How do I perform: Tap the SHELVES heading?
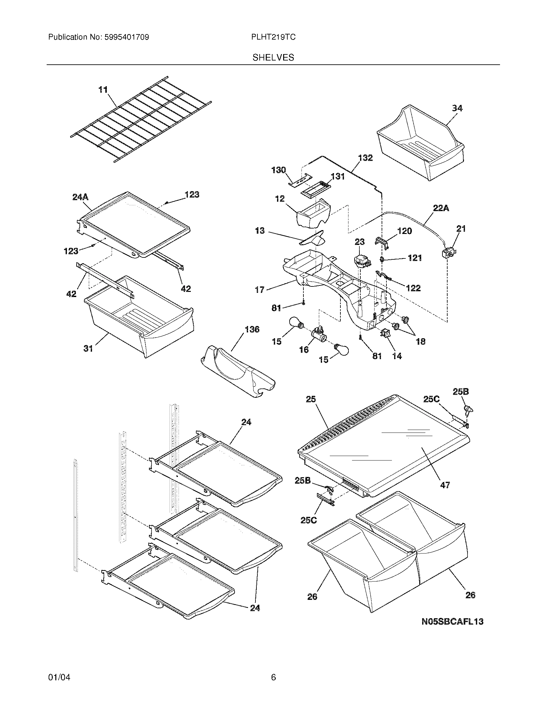point(273,58)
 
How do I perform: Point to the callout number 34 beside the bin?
point(457,108)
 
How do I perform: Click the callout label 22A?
point(441,208)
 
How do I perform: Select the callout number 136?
point(252,329)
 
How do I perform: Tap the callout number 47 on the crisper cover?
point(445,494)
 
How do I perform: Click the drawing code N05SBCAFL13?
point(452,621)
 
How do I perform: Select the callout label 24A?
point(80,197)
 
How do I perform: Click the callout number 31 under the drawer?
point(88,349)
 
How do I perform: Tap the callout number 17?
point(260,290)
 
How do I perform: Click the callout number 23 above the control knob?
point(359,242)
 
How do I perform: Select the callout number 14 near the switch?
point(397,356)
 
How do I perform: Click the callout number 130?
point(279,170)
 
